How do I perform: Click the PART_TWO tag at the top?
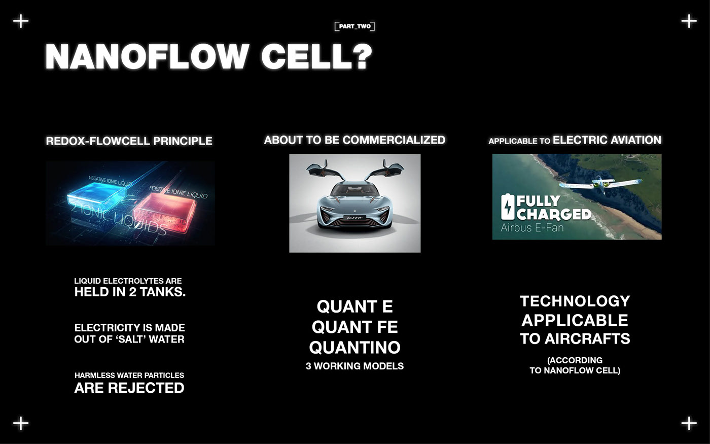pyautogui.click(x=354, y=26)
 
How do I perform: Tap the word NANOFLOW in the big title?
pyautogui.click(x=147, y=56)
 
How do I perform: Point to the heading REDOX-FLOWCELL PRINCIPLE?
pyautogui.click(x=129, y=141)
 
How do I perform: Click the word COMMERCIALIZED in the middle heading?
pyautogui.click(x=394, y=140)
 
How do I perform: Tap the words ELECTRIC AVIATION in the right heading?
pyautogui.click(x=607, y=140)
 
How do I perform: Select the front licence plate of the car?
pyautogui.click(x=354, y=218)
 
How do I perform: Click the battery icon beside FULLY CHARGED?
pyautogui.click(x=508, y=207)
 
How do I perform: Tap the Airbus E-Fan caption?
pyautogui.click(x=532, y=227)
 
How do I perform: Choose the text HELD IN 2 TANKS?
pyautogui.click(x=130, y=292)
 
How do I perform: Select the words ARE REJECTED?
pyautogui.click(x=129, y=388)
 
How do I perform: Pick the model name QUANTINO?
pyautogui.click(x=354, y=348)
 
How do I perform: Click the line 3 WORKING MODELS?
pyautogui.click(x=354, y=366)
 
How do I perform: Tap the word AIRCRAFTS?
pyautogui.click(x=587, y=339)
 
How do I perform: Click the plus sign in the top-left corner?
pyautogui.click(x=21, y=21)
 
